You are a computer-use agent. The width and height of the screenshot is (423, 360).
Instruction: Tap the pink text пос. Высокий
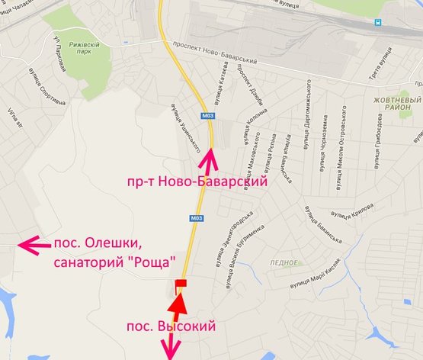pyautogui.click(x=170, y=326)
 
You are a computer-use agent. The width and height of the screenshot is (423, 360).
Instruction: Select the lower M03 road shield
pyautogui.click(x=196, y=217)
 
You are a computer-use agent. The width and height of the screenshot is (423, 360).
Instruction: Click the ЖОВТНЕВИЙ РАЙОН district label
pyautogui.click(x=397, y=104)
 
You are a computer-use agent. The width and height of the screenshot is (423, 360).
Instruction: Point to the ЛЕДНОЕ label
pyautogui.click(x=284, y=262)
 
